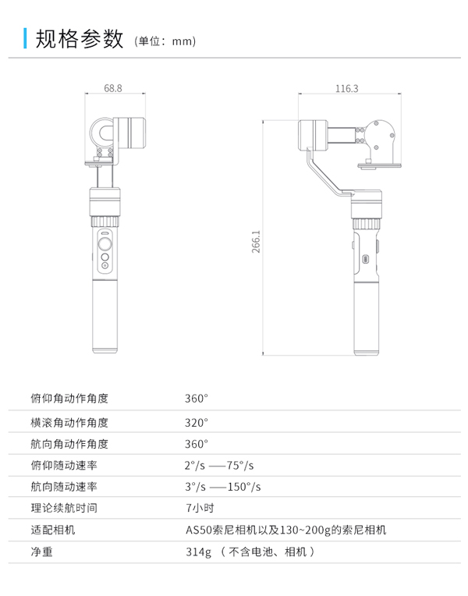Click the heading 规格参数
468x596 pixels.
[80, 39]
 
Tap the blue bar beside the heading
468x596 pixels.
[25, 38]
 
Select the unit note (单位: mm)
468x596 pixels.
[165, 41]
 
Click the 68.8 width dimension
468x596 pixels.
[113, 88]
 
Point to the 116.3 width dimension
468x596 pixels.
[347, 89]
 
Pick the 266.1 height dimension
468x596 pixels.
[257, 241]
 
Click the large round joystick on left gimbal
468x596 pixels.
[105, 243]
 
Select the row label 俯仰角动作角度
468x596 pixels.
[69, 399]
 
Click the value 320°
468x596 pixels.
[197, 423]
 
